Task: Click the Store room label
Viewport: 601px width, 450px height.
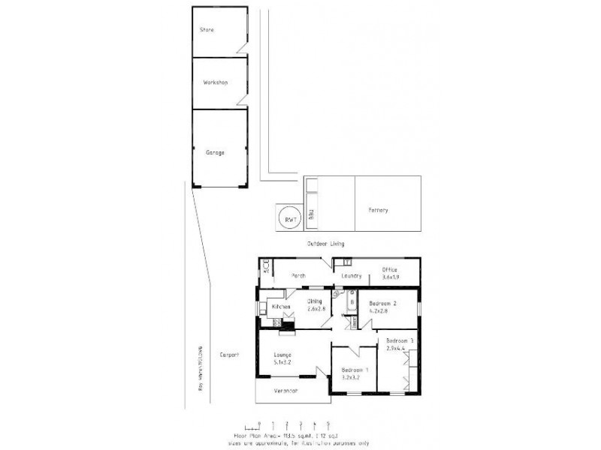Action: pyautogui.click(x=207, y=30)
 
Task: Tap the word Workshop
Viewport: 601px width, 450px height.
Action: pyautogui.click(x=215, y=82)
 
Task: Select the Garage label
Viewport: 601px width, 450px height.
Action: pyautogui.click(x=215, y=152)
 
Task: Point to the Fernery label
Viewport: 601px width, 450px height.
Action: pyautogui.click(x=378, y=210)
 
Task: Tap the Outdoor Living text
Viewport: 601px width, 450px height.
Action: pyautogui.click(x=325, y=244)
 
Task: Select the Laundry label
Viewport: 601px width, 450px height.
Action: pyautogui.click(x=351, y=275)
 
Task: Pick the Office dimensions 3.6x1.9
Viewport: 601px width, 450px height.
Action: pyautogui.click(x=389, y=277)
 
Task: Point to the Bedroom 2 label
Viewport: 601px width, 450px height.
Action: pyautogui.click(x=382, y=303)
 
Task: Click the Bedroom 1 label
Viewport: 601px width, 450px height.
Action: pyautogui.click(x=355, y=370)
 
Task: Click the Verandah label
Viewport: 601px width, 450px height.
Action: pyautogui.click(x=285, y=391)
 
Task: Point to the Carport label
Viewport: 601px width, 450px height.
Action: pyautogui.click(x=228, y=355)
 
